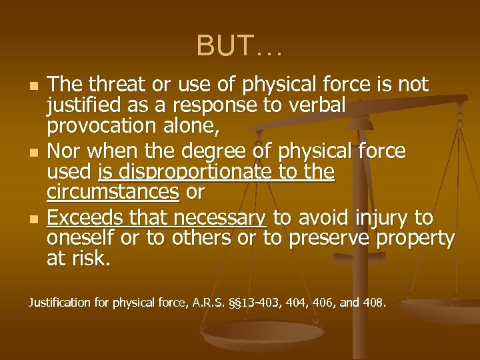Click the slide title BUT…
239,46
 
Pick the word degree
203,151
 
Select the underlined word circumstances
113,192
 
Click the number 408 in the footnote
373,303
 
